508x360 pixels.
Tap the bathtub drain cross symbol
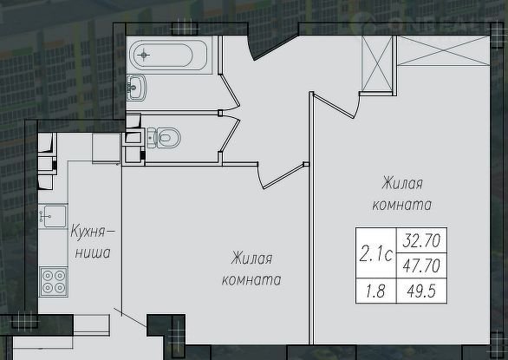(x=144, y=55)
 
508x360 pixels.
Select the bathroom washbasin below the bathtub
(x=136, y=88)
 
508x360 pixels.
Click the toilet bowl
(x=164, y=138)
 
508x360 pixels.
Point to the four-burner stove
(x=54, y=282)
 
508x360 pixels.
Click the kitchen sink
(x=54, y=216)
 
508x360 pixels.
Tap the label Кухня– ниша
(x=93, y=242)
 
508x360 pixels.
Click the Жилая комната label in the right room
(x=402, y=194)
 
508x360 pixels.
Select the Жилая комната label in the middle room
(x=251, y=269)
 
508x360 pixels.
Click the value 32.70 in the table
(x=421, y=240)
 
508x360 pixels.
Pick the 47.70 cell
(x=421, y=265)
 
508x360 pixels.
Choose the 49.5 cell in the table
(x=421, y=291)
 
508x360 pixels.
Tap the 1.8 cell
(x=376, y=291)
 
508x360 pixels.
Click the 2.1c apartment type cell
(x=376, y=253)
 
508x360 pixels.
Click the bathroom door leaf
(x=230, y=90)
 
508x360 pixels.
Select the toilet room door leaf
(x=230, y=136)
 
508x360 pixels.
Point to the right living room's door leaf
(x=334, y=106)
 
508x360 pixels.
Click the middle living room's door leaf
(x=283, y=176)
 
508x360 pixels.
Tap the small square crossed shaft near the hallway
(x=377, y=64)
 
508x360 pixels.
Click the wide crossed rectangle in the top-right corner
(x=443, y=51)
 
